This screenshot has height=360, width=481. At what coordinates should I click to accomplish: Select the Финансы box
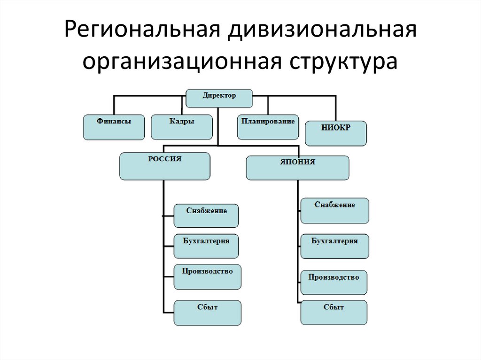pyautogui.click(x=114, y=127)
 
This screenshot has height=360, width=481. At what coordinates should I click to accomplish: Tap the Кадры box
pyautogui.click(x=181, y=127)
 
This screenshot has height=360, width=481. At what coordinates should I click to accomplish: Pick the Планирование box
pyautogui.click(x=268, y=127)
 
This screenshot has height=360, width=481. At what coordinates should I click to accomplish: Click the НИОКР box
pyautogui.click(x=335, y=133)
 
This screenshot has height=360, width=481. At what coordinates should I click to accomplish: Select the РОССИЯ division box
pyautogui.click(x=165, y=166)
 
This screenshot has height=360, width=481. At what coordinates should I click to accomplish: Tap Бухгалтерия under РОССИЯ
pyautogui.click(x=206, y=246)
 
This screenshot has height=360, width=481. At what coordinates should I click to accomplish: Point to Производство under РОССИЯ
pyautogui.click(x=207, y=276)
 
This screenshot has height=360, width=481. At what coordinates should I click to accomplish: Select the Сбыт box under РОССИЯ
pyautogui.click(x=207, y=313)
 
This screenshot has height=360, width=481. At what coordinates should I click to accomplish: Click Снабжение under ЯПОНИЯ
pyautogui.click(x=334, y=210)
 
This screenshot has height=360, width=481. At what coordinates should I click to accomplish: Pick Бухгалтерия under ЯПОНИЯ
pyautogui.click(x=334, y=246)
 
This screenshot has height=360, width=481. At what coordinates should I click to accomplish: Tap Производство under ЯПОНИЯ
pyautogui.click(x=334, y=282)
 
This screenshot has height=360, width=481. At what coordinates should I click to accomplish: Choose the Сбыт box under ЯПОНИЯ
pyautogui.click(x=334, y=312)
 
